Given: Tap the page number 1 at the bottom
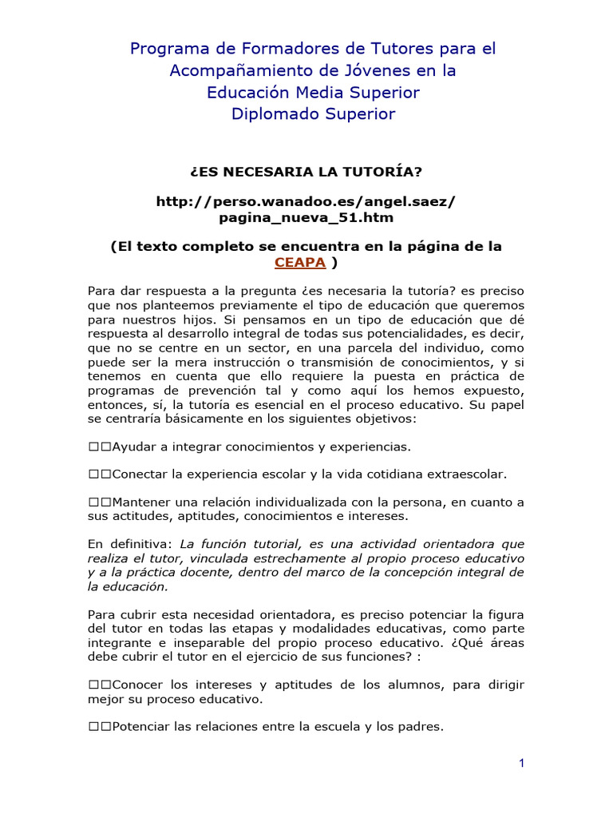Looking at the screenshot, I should (521, 764).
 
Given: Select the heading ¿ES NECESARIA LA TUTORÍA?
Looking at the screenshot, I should (306, 171).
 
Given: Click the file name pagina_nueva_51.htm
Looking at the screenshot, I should (306, 217).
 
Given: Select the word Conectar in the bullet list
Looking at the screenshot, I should (140, 475).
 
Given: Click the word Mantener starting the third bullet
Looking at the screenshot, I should (143, 502).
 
